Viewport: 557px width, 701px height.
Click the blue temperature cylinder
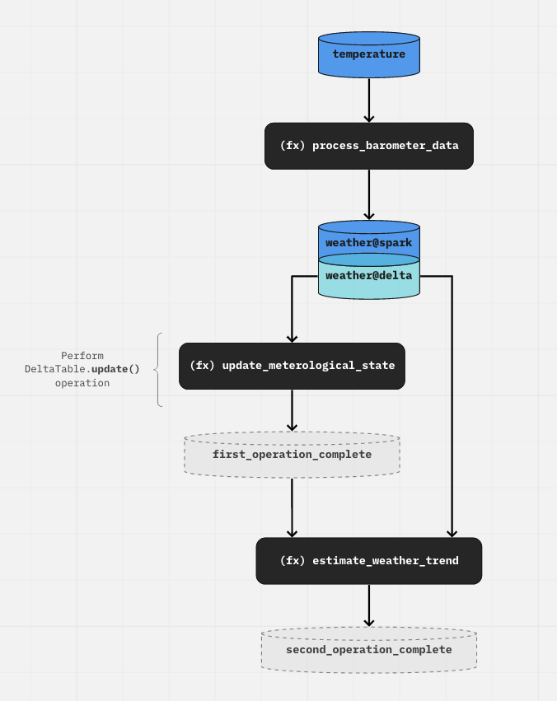coord(369,55)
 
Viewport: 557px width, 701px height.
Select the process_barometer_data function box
coord(369,146)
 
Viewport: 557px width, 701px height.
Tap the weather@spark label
coord(369,243)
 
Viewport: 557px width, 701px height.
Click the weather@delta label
coord(369,276)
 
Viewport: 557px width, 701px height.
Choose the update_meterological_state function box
coord(292,366)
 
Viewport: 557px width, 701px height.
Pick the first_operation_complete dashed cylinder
coord(292,455)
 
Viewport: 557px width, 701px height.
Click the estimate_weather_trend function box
coord(369,561)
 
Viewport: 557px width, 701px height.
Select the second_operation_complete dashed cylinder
coord(369,650)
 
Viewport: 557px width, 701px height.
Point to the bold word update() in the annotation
coord(115,369)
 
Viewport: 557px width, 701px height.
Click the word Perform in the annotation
coord(82,356)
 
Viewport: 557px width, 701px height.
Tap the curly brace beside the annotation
coord(157,370)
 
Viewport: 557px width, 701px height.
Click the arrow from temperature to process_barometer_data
coord(369,100)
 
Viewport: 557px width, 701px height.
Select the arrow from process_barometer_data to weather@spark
coord(369,194)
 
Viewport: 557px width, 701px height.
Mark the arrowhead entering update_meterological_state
coord(292,338)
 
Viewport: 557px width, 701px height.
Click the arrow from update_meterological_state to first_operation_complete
coord(292,410)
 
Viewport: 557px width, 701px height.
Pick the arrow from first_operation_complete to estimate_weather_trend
coord(292,507)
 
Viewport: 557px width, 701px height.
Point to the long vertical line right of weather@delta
coord(452,404)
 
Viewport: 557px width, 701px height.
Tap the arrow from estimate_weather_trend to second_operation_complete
coord(369,605)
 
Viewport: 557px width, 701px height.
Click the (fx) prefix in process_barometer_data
coord(292,146)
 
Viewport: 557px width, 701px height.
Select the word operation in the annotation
coord(82,383)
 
